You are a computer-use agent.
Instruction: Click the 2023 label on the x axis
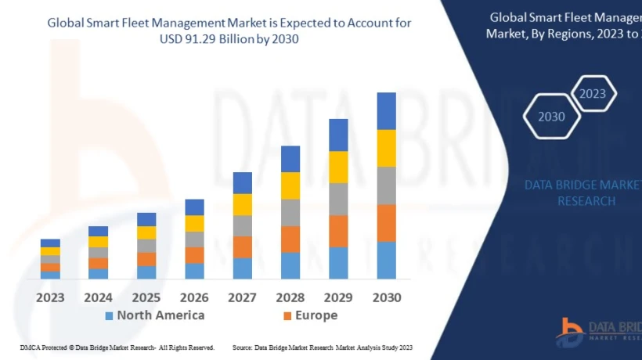tap(50, 297)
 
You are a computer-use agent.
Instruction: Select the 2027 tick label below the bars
tap(242, 297)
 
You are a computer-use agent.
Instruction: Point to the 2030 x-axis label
tap(386, 297)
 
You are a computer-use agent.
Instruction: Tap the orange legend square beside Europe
tap(287, 316)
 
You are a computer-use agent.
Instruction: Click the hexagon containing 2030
tap(551, 117)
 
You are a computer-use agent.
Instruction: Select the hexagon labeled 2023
tap(593, 94)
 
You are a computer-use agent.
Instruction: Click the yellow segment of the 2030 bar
tap(386, 148)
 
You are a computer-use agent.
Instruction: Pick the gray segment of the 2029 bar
tap(338, 199)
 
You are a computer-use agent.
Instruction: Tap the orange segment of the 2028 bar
tap(290, 239)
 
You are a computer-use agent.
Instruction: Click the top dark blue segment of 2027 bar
tap(242, 183)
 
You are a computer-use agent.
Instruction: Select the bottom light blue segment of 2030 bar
tap(386, 260)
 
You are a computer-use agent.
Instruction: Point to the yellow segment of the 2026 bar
tap(194, 223)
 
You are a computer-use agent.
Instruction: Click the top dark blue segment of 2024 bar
tap(98, 231)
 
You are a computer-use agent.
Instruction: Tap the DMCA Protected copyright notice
tap(117, 347)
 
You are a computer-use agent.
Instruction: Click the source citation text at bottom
tap(322, 347)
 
